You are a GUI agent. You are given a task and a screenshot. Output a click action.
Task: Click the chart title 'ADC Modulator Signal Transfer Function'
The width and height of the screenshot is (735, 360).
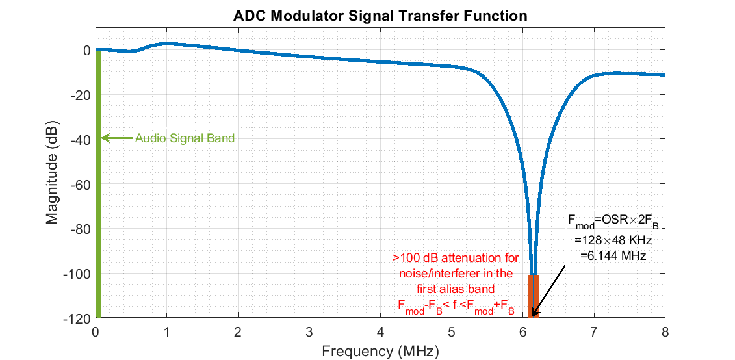click(x=380, y=16)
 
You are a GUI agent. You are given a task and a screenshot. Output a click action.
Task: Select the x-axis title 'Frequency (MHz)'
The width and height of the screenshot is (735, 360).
click(x=380, y=352)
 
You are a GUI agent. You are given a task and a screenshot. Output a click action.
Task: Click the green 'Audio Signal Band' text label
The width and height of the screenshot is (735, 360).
click(x=185, y=138)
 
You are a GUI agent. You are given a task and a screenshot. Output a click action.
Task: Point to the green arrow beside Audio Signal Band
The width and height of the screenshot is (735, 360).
click(x=117, y=138)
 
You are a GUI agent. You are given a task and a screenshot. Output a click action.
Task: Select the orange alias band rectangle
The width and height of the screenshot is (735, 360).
click(x=533, y=296)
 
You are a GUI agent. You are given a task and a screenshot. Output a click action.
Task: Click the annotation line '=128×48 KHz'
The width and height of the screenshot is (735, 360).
click(x=613, y=240)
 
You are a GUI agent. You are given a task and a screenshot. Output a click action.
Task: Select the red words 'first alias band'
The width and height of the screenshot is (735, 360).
click(x=456, y=288)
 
